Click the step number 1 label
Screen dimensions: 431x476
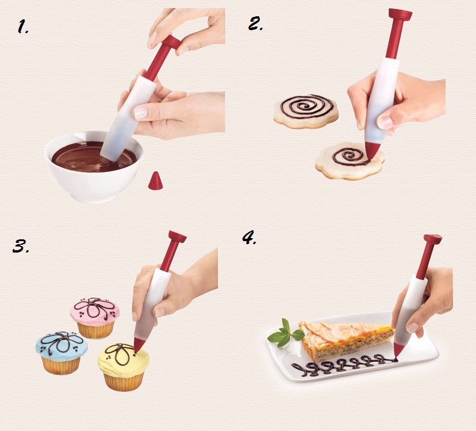[23, 27]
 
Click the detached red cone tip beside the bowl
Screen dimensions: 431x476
[155, 180]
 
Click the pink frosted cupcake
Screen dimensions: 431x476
[95, 316]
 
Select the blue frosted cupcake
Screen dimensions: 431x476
[61, 351]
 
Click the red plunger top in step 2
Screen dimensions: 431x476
[399, 15]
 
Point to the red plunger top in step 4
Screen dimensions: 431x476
[433, 240]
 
